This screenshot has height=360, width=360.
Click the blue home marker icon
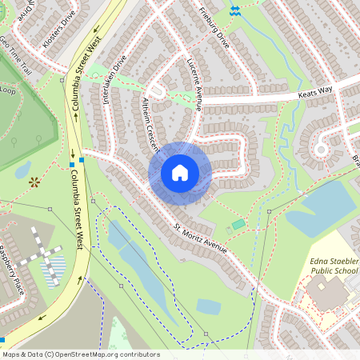click(x=180, y=173)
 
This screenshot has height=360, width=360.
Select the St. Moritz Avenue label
click(x=196, y=233)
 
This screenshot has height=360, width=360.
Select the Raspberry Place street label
click(x=12, y=268)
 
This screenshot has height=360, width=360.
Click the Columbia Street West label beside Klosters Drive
click(x=86, y=70)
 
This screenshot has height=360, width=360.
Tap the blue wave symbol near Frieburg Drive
click(x=234, y=10)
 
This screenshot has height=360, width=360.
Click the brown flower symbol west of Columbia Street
click(x=34, y=182)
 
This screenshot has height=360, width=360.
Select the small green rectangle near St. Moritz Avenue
click(x=238, y=224)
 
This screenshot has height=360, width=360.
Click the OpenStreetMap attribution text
click(x=80, y=354)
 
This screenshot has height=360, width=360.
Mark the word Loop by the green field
click(x=7, y=90)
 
